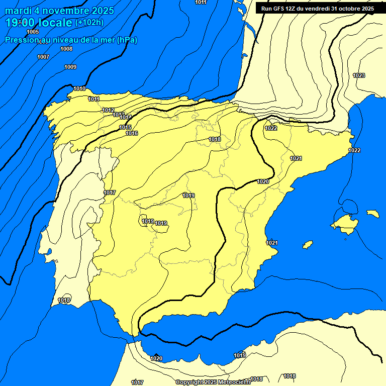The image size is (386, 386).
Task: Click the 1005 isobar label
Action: coord(33,32)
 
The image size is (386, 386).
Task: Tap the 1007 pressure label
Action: coord(43,57)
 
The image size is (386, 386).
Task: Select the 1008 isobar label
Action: coord(66,49)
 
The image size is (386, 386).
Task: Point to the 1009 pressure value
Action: coord(70,67)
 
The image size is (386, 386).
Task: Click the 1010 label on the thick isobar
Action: coord(79,89)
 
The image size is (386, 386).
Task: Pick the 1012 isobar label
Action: coord(108,110)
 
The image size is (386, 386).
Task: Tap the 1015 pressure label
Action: coord(126,128)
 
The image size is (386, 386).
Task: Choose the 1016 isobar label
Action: coord(132,133)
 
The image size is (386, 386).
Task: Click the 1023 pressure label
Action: coord(359,75)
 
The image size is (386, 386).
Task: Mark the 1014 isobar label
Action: coord(126,117)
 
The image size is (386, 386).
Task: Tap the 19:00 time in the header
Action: coord(20,22)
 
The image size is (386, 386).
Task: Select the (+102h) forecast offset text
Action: coord(89,23)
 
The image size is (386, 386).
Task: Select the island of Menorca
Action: coord(372,214)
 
